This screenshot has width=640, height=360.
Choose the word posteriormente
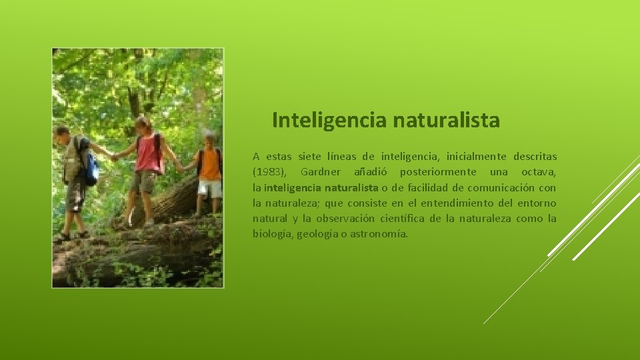pos(433,172)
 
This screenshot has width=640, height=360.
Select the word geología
pos(317,234)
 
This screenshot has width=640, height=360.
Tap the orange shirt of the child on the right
pos(210,165)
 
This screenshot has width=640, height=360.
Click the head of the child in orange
pos(210,140)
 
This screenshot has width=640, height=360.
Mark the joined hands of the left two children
pos(113,157)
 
